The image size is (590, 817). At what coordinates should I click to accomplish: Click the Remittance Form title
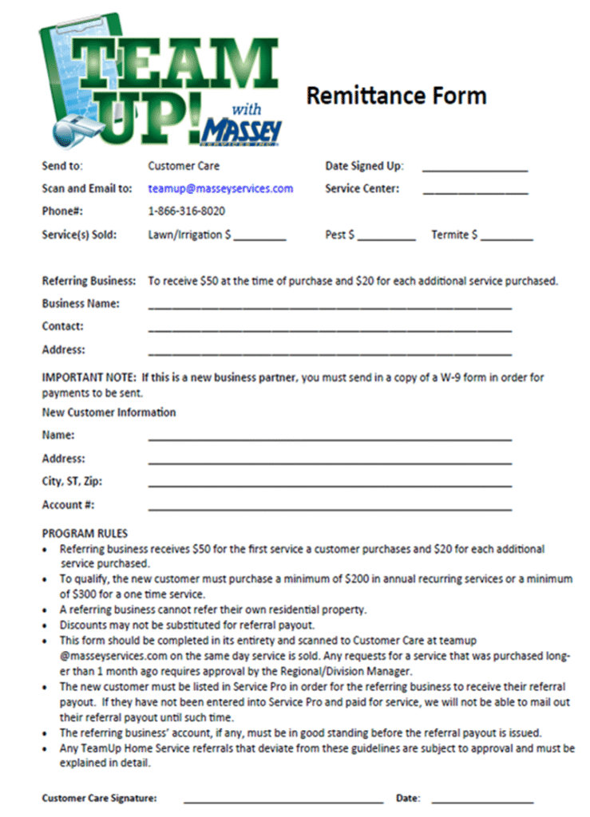tap(396, 96)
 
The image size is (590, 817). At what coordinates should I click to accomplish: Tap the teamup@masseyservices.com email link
tap(220, 189)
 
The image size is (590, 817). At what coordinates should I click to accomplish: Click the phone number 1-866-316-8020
tap(186, 211)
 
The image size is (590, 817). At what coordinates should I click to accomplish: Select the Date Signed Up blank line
tap(475, 170)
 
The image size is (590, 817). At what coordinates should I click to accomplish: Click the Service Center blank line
tap(475, 192)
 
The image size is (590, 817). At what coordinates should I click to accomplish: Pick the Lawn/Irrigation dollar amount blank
tap(259, 239)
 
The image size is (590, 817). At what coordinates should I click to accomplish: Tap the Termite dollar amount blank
tap(506, 239)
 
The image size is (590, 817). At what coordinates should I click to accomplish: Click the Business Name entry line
tap(329, 306)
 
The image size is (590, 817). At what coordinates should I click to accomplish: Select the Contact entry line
tap(329, 330)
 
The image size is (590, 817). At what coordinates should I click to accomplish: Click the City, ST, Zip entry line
tap(329, 485)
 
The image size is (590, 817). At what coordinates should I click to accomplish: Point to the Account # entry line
tap(329, 508)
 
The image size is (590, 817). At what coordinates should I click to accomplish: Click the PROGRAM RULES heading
tap(85, 533)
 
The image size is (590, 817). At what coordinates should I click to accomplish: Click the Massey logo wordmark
tap(241, 129)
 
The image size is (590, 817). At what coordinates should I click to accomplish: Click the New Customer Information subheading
tap(109, 412)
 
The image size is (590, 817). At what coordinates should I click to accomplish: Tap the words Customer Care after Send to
tap(184, 166)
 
